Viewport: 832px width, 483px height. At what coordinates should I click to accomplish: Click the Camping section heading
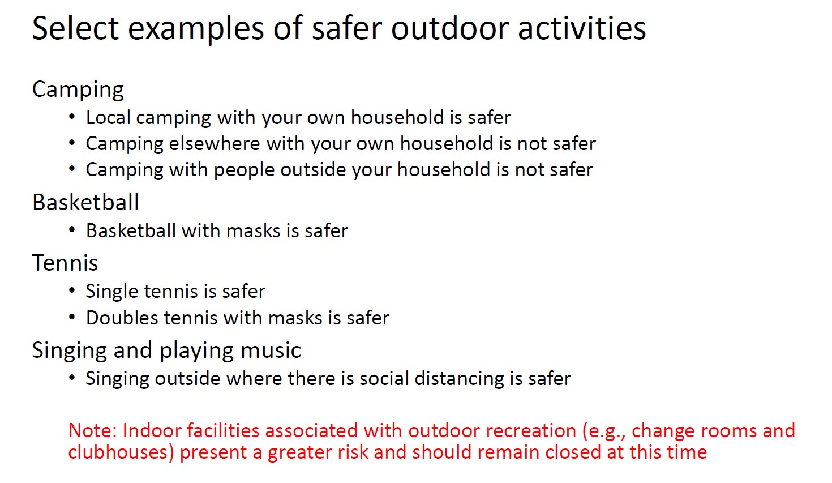click(78, 90)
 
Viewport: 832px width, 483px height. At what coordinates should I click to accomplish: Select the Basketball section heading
click(85, 202)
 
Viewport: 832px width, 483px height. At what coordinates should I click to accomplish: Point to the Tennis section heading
click(65, 263)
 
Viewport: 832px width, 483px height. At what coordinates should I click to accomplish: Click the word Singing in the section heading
click(70, 351)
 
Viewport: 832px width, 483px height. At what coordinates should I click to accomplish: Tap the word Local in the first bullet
click(108, 117)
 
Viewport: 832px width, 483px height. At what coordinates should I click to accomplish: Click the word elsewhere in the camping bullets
click(215, 143)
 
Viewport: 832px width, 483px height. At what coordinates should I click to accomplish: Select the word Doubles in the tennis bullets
click(122, 318)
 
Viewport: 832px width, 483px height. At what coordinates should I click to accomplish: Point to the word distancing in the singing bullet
click(459, 379)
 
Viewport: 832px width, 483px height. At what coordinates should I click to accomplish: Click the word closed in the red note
click(573, 452)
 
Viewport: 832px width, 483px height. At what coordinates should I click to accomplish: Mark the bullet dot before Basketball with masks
click(72, 230)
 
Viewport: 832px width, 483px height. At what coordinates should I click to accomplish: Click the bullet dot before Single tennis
click(72, 290)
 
